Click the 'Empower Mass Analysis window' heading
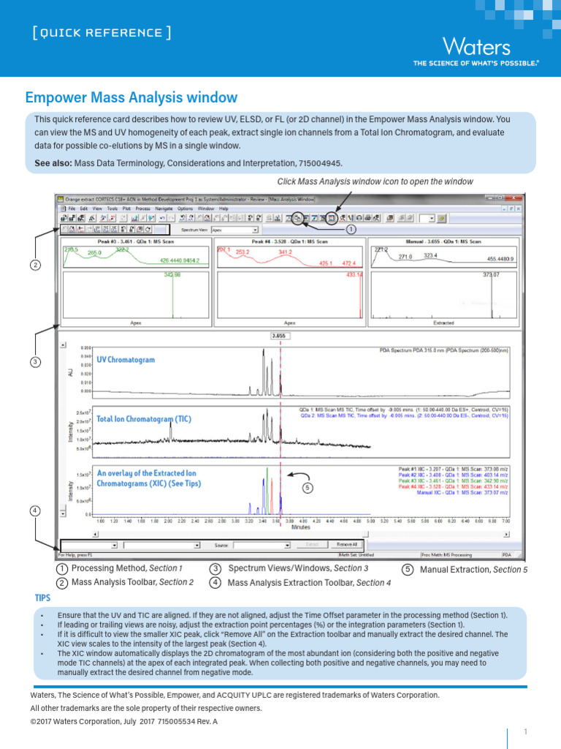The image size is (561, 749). coord(131,97)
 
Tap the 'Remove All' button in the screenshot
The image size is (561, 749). coord(346,545)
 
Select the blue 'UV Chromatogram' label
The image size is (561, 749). coord(126,360)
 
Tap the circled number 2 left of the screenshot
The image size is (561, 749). coord(36,265)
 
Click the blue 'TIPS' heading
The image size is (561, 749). coord(44,598)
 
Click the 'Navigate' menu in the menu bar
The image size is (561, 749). coord(164,208)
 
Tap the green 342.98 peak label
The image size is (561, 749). coord(172,274)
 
